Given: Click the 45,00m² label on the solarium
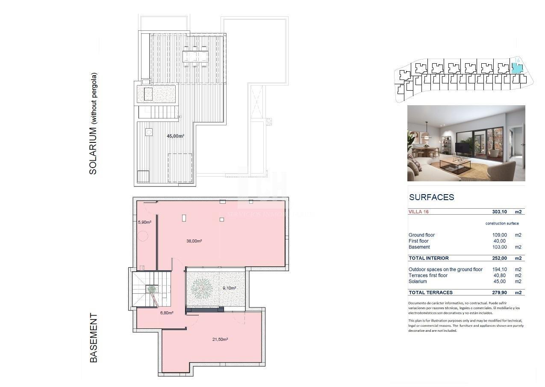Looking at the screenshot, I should (175, 136).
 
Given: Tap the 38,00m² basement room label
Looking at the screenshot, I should (194, 241).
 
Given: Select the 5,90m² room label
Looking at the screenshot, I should (144, 222).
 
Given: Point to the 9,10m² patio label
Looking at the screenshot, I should (229, 288).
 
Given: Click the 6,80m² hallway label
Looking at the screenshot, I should (166, 313).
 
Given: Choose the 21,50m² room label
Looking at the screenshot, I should (220, 340).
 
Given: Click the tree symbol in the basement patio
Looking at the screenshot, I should (201, 289).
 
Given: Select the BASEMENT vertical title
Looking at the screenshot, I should (94, 338).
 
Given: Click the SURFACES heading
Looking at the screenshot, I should (431, 198).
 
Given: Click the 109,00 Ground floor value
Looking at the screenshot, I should (500, 235).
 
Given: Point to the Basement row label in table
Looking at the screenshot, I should (419, 247).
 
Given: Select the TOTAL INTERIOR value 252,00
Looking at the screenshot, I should (500, 258).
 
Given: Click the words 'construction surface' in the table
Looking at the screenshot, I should (502, 224).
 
